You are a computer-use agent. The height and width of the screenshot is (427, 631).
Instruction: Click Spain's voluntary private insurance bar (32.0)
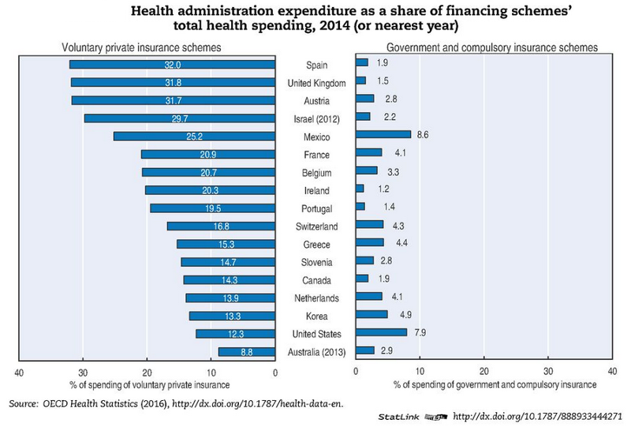pyautogui.click(x=172, y=64)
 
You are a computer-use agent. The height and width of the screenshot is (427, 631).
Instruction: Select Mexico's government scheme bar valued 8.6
pyautogui.click(x=383, y=135)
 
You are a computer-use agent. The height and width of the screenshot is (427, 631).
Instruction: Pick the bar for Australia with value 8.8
pyautogui.click(x=247, y=352)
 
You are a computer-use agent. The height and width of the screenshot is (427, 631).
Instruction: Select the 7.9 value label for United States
pyautogui.click(x=422, y=334)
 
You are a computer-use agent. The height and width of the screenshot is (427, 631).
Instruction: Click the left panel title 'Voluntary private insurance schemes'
pyautogui.click(x=141, y=48)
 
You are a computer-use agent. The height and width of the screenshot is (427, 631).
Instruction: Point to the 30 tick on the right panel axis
pyautogui.click(x=548, y=371)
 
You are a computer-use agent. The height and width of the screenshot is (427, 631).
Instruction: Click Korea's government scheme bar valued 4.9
pyautogui.click(x=372, y=315)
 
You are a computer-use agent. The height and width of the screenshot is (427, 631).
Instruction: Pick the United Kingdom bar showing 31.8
pyautogui.click(x=173, y=82)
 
